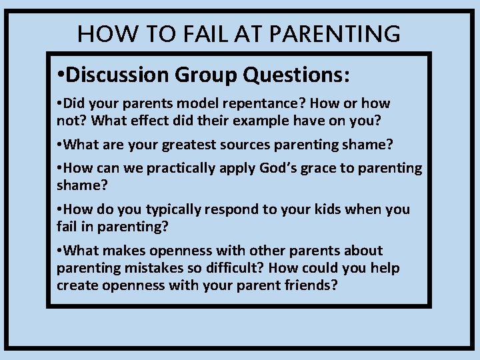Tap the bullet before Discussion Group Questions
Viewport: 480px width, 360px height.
click(61, 75)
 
